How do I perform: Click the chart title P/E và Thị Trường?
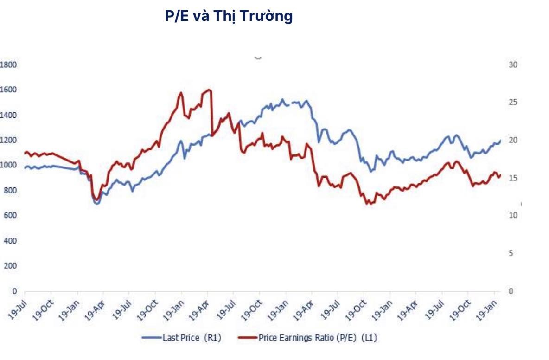click(x=229, y=16)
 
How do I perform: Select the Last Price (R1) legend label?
click(x=192, y=338)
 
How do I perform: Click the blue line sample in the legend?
click(x=152, y=338)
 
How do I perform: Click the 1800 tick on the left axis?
click(x=8, y=64)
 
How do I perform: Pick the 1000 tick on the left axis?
click(x=8, y=165)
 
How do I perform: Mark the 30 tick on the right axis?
click(x=512, y=64)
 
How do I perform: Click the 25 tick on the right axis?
click(x=512, y=103)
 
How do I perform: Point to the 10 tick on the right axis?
click(x=512, y=216)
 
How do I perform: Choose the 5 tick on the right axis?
click(x=511, y=253)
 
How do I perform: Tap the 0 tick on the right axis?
click(x=511, y=291)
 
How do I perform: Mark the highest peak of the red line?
click(x=209, y=90)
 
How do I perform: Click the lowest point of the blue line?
click(x=97, y=203)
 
